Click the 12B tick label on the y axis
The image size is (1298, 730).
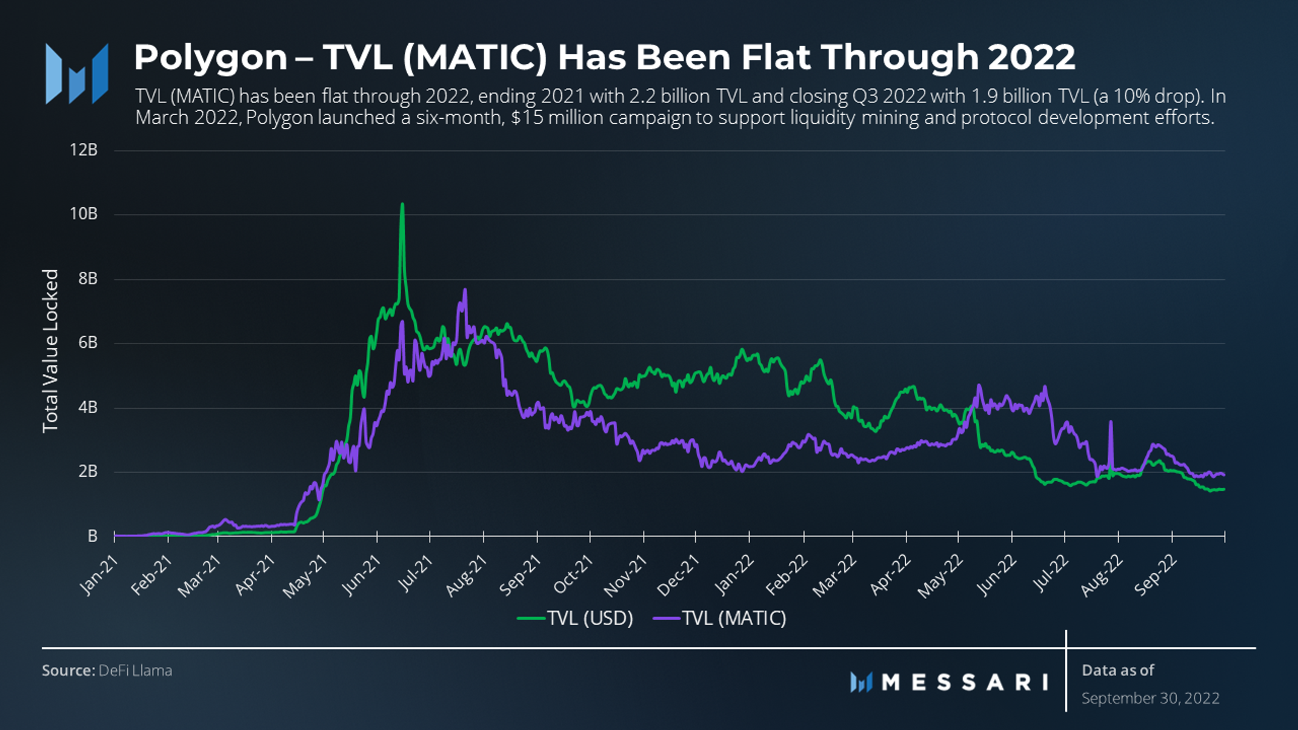click(84, 150)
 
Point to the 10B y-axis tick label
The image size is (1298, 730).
click(84, 214)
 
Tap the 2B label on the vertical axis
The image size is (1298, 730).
click(88, 471)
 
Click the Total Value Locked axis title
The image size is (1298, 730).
click(50, 351)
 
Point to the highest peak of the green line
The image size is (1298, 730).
click(402, 205)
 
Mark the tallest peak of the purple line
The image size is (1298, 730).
click(465, 290)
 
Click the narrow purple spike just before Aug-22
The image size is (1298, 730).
click(1111, 422)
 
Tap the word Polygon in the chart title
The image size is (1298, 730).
click(210, 58)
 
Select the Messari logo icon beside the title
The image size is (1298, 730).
click(77, 73)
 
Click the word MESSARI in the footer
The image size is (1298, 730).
click(965, 683)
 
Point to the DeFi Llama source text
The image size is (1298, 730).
click(135, 671)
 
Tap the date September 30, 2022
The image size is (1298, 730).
click(1150, 698)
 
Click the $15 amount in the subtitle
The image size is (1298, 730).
click(525, 117)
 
